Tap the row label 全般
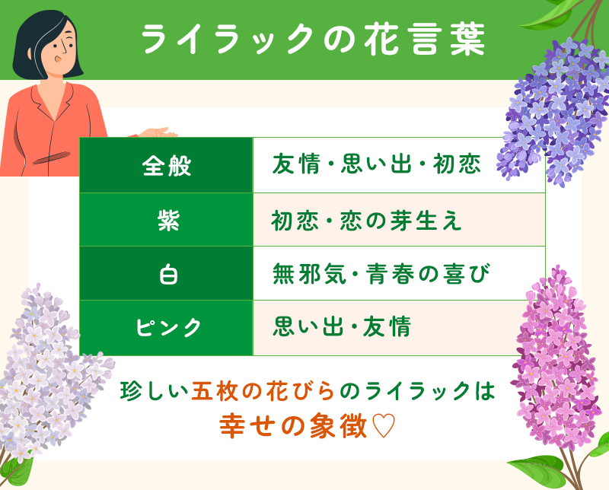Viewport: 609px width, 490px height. pyautogui.click(x=167, y=165)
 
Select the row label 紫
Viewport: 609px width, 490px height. pyautogui.click(x=167, y=219)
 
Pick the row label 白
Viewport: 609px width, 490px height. pyautogui.click(x=167, y=273)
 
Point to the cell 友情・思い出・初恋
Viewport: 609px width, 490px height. pyautogui.click(x=376, y=165)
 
